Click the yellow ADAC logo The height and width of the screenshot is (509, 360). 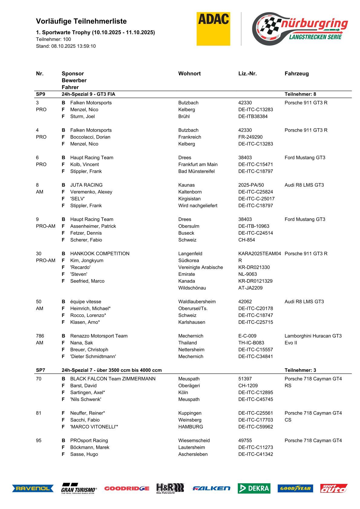click(213, 29)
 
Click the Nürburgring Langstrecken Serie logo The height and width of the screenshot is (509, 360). click(300, 29)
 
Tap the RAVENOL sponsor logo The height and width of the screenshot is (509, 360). click(33, 488)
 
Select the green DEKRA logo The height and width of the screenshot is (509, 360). click(254, 488)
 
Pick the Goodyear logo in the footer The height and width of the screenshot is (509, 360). click(295, 488)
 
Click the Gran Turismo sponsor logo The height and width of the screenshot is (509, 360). click(79, 488)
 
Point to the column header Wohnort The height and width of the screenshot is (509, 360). click(189, 73)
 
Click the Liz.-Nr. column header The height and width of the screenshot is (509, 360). click(247, 73)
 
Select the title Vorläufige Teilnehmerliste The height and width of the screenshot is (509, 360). click(81, 21)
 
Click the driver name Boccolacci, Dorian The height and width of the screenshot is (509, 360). click(90, 137)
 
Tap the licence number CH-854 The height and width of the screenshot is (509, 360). click(247, 240)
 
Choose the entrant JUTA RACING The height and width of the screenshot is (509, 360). click(86, 185)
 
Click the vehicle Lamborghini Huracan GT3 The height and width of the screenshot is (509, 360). click(313, 336)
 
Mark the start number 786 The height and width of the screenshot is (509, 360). click(40, 336)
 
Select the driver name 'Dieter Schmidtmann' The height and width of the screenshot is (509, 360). click(93, 357)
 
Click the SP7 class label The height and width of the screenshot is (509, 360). click(41, 370)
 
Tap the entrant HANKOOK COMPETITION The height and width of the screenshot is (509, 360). click(100, 254)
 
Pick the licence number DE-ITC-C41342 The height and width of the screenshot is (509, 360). click(256, 454)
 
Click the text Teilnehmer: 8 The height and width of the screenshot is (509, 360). click(300, 94)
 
